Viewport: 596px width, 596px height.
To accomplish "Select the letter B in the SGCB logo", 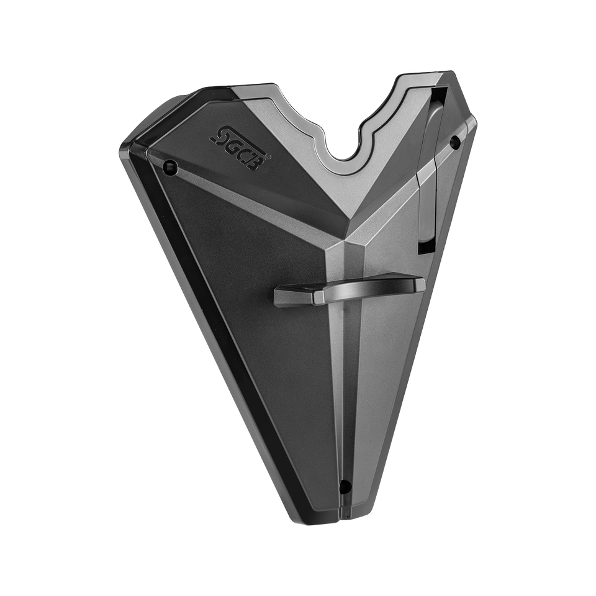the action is pyautogui.click(x=258, y=158).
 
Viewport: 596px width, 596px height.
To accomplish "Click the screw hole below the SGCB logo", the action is pyautogui.click(x=170, y=166).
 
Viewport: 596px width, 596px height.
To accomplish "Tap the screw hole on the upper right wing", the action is pyautogui.click(x=454, y=142).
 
